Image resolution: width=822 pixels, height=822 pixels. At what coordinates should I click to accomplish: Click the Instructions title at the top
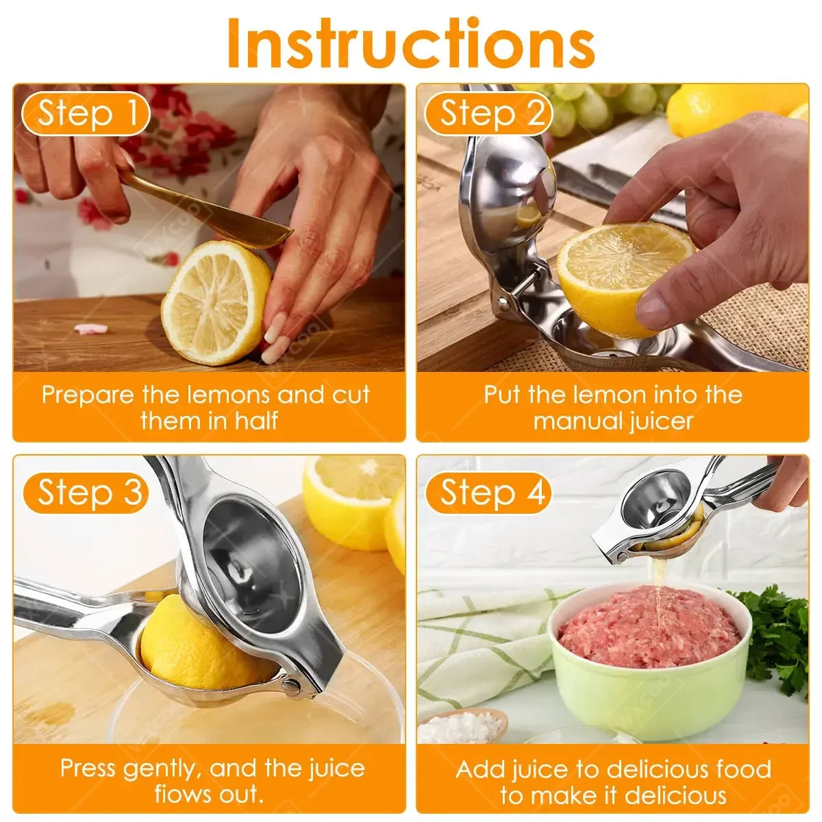[411, 42]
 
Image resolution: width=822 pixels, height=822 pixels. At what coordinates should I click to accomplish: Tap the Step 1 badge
[86, 113]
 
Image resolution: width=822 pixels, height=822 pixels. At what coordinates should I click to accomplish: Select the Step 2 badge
[488, 113]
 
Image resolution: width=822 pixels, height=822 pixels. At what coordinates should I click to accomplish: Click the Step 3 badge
[86, 493]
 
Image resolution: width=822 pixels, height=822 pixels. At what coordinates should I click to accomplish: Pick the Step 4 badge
[488, 493]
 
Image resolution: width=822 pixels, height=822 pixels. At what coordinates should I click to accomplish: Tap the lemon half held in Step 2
[616, 274]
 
